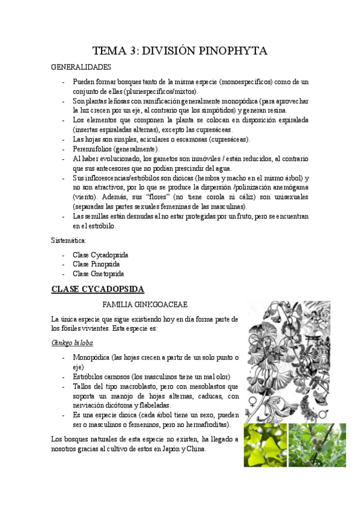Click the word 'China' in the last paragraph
pyautogui.click(x=214, y=449)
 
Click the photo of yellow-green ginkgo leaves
pyautogui.click(x=264, y=444)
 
